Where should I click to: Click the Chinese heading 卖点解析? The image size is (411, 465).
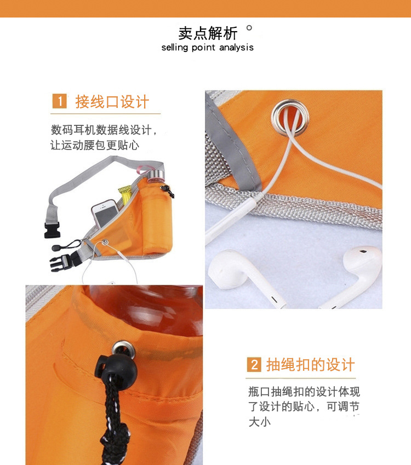208,33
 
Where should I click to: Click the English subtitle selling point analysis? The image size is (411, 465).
207,48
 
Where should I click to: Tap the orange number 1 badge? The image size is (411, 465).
59,101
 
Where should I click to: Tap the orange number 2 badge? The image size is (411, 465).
253,365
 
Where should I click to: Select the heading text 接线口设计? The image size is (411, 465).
112,102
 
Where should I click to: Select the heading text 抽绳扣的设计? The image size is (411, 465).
310,365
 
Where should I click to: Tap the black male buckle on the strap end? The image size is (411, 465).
50,231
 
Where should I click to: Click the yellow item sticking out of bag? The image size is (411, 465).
125,194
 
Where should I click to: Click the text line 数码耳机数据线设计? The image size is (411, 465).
104,130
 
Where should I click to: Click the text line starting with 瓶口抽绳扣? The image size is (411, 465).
304,392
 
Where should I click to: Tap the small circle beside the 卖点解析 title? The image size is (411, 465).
249,28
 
